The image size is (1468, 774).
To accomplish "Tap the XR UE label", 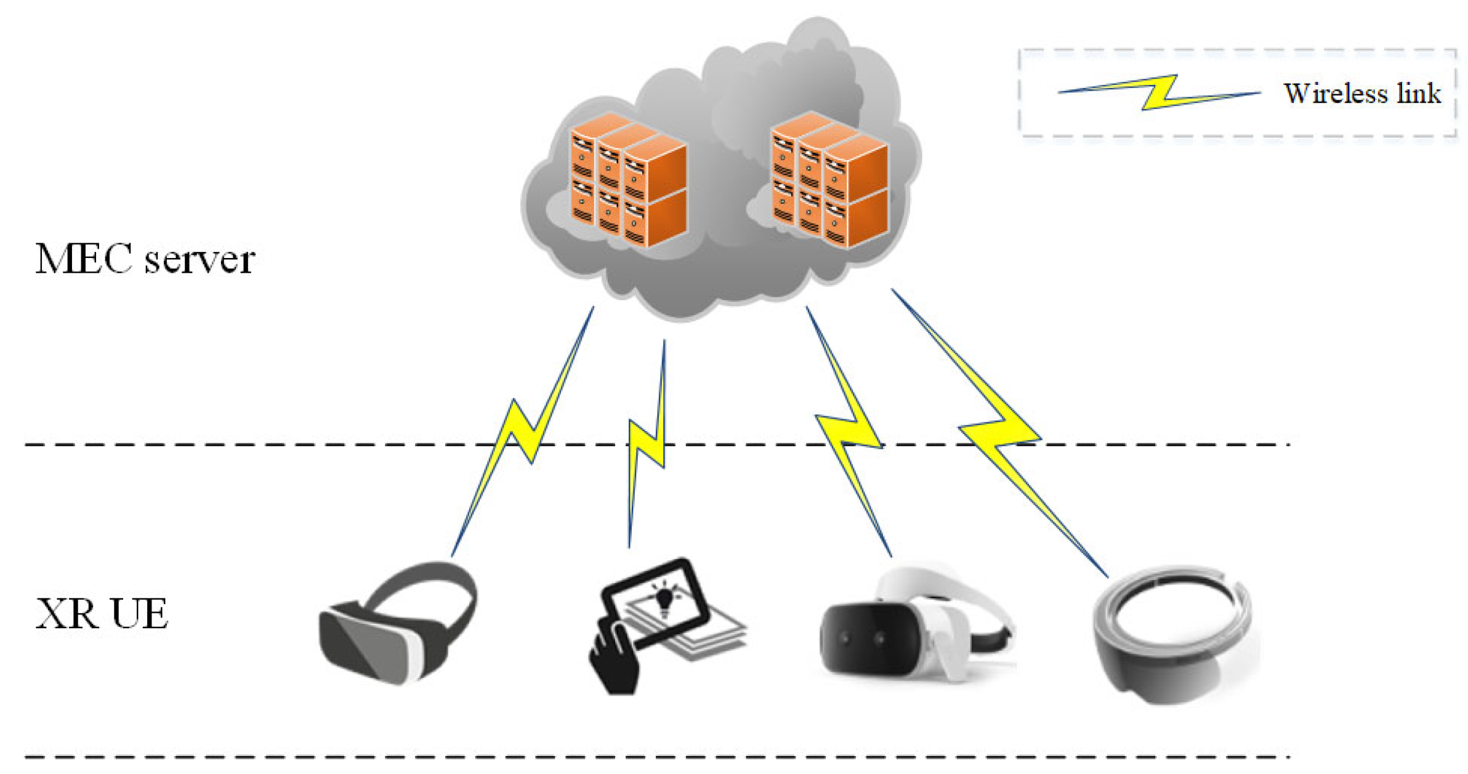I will point(102,614).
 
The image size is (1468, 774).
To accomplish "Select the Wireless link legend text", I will point(1361,94).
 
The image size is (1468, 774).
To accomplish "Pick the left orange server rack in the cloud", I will point(627,179).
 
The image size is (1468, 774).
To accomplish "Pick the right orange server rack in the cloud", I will point(829,179).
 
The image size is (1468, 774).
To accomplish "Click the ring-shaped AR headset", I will point(1170,634).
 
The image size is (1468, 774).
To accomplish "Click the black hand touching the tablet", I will point(613,659).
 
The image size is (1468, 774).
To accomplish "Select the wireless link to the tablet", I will point(647,443).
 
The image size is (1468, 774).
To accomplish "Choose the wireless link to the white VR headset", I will point(850,431).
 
